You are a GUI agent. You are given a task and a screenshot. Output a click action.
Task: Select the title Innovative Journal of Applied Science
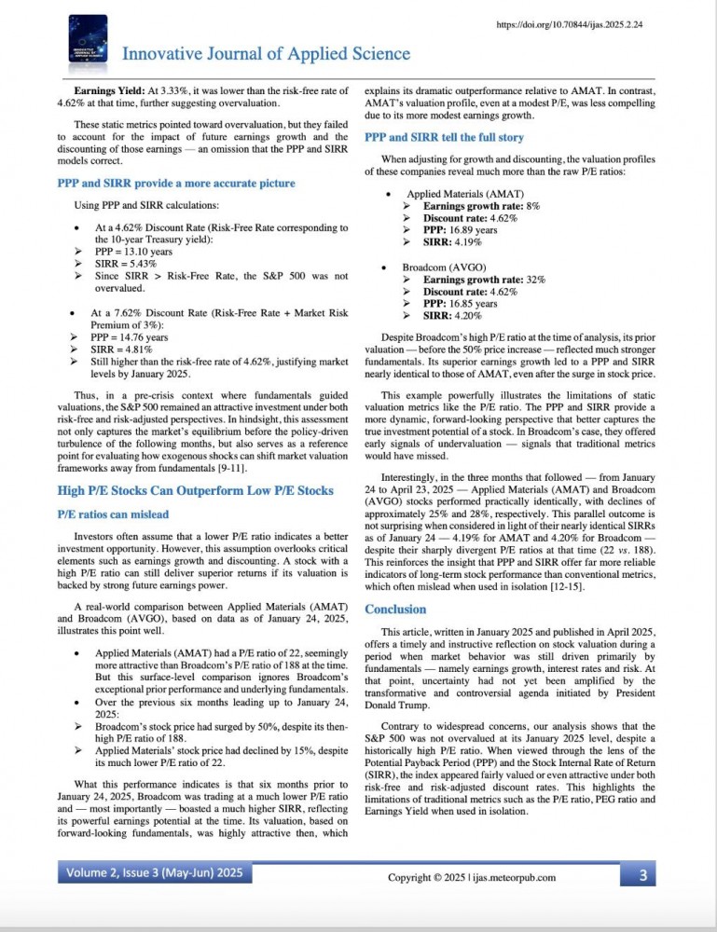253,54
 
